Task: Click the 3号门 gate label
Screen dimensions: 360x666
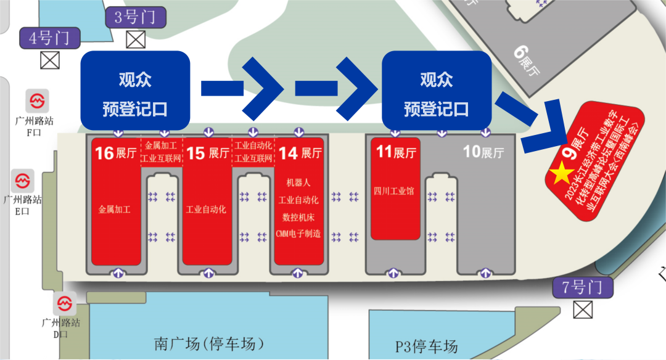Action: (x=135, y=17)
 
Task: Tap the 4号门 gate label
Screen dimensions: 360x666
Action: (x=49, y=38)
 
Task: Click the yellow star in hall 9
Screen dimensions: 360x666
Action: (x=561, y=174)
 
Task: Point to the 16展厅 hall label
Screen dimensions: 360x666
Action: (x=113, y=152)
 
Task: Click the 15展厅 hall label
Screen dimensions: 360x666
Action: (x=206, y=152)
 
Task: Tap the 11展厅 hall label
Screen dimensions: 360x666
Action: (x=395, y=152)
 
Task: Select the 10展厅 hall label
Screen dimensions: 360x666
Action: (x=483, y=152)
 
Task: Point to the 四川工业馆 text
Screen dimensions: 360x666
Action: (x=393, y=191)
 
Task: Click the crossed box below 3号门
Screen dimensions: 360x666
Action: (x=135, y=39)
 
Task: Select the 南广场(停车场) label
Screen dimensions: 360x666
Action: (x=209, y=343)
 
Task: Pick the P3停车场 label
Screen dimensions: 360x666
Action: (x=427, y=346)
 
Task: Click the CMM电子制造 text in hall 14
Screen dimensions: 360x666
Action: (x=299, y=234)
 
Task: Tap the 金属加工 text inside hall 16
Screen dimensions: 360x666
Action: (x=114, y=209)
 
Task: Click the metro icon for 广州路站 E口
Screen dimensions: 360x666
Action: (x=23, y=182)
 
